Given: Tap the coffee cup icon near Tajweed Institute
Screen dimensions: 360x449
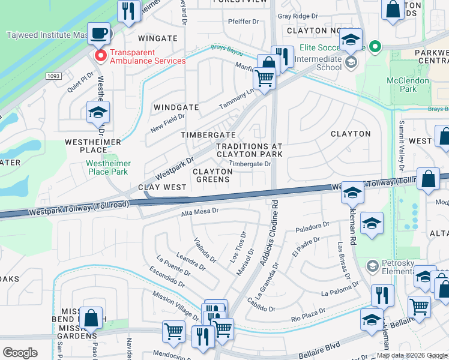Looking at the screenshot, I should [x=99, y=32].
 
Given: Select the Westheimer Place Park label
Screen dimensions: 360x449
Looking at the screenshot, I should [x=107, y=167].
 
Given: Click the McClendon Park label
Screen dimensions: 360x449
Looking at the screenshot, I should [x=408, y=85].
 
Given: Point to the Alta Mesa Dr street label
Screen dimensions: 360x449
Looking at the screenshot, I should [x=199, y=211].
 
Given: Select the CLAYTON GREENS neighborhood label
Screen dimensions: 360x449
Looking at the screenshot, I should [x=212, y=175].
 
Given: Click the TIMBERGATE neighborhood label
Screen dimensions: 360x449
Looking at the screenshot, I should [x=208, y=135].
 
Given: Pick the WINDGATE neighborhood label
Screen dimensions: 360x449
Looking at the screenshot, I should [x=176, y=107].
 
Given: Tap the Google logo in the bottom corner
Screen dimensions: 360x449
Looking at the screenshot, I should [x=20, y=353].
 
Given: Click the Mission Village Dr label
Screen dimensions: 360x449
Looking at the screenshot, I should [x=176, y=306].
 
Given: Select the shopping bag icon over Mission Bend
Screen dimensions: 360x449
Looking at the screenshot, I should [x=91, y=318].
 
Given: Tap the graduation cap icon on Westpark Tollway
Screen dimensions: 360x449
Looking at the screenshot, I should [x=353, y=192].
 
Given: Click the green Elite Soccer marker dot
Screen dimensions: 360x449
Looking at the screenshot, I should [x=376, y=46].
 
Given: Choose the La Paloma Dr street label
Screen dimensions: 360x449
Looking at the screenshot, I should [x=340, y=293].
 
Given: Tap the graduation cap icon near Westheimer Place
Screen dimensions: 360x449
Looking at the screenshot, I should [x=98, y=112].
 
